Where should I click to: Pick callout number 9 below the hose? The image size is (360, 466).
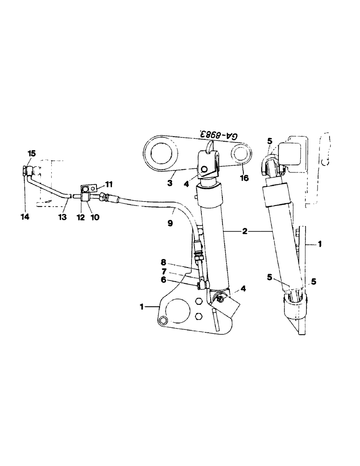171,223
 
